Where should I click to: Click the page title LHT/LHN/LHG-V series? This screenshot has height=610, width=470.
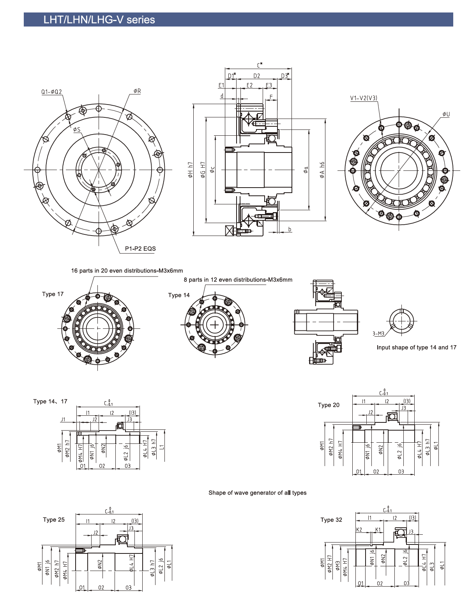coord(99,20)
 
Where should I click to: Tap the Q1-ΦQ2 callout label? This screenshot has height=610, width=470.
coord(52,92)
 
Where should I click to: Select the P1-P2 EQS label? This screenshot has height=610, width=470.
coord(140,248)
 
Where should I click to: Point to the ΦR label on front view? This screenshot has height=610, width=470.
coord(137,91)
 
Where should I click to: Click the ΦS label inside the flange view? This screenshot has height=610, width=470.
coord(76,129)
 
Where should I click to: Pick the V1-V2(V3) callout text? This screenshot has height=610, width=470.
coord(364,98)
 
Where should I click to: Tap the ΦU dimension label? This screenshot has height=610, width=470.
coord(446,114)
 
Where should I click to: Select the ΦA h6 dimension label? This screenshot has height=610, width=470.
coord(322,170)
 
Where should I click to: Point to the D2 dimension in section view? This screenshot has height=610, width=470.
coord(256,76)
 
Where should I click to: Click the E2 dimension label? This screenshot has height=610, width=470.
coord(249,85)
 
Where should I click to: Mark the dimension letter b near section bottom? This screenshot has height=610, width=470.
coord(290,229)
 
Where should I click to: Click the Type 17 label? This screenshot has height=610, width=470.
coord(53,294)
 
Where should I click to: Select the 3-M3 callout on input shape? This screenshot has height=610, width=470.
coord(378,333)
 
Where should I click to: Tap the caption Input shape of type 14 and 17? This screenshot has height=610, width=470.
coord(416,348)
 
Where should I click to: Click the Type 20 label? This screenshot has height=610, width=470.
coord(329,405)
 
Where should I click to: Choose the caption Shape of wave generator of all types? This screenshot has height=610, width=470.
coord(257,493)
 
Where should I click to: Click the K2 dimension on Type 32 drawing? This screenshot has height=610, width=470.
coord(359,530)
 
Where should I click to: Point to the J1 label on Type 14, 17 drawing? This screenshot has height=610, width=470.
coord(63,420)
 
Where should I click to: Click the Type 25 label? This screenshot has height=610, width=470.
coord(54,520)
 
